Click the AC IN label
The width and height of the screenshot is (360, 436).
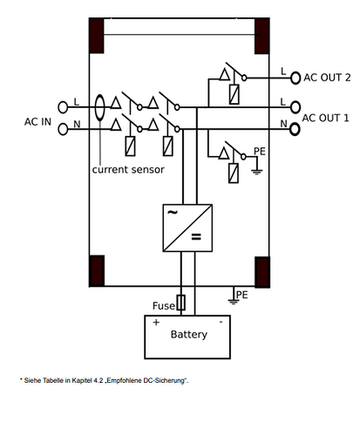(37, 122)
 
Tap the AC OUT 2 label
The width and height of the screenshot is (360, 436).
(327, 78)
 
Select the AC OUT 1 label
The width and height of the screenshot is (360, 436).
(325, 118)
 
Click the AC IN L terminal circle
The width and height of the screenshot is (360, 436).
(63, 107)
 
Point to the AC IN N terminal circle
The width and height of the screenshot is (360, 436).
(63, 129)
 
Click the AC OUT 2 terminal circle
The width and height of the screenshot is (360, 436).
(295, 78)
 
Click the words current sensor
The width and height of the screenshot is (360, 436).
(128, 169)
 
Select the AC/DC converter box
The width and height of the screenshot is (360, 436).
(187, 228)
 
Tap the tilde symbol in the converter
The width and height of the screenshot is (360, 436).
(173, 212)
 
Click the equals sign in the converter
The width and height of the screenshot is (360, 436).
(196, 237)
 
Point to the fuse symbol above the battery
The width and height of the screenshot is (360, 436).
(181, 303)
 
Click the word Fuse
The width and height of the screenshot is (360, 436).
(164, 306)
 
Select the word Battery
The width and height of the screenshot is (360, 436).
(189, 335)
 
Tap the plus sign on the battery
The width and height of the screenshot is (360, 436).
(156, 322)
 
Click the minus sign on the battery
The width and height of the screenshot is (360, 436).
(221, 322)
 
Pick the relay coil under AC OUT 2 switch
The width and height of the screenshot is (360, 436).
(234, 94)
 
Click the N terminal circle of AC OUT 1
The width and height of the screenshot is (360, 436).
(295, 129)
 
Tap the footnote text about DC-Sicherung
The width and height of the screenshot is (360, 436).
(104, 380)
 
